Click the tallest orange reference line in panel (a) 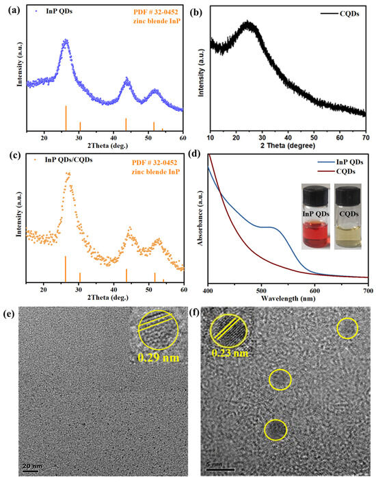(x=66, y=117)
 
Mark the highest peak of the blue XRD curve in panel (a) (x=66, y=40)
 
